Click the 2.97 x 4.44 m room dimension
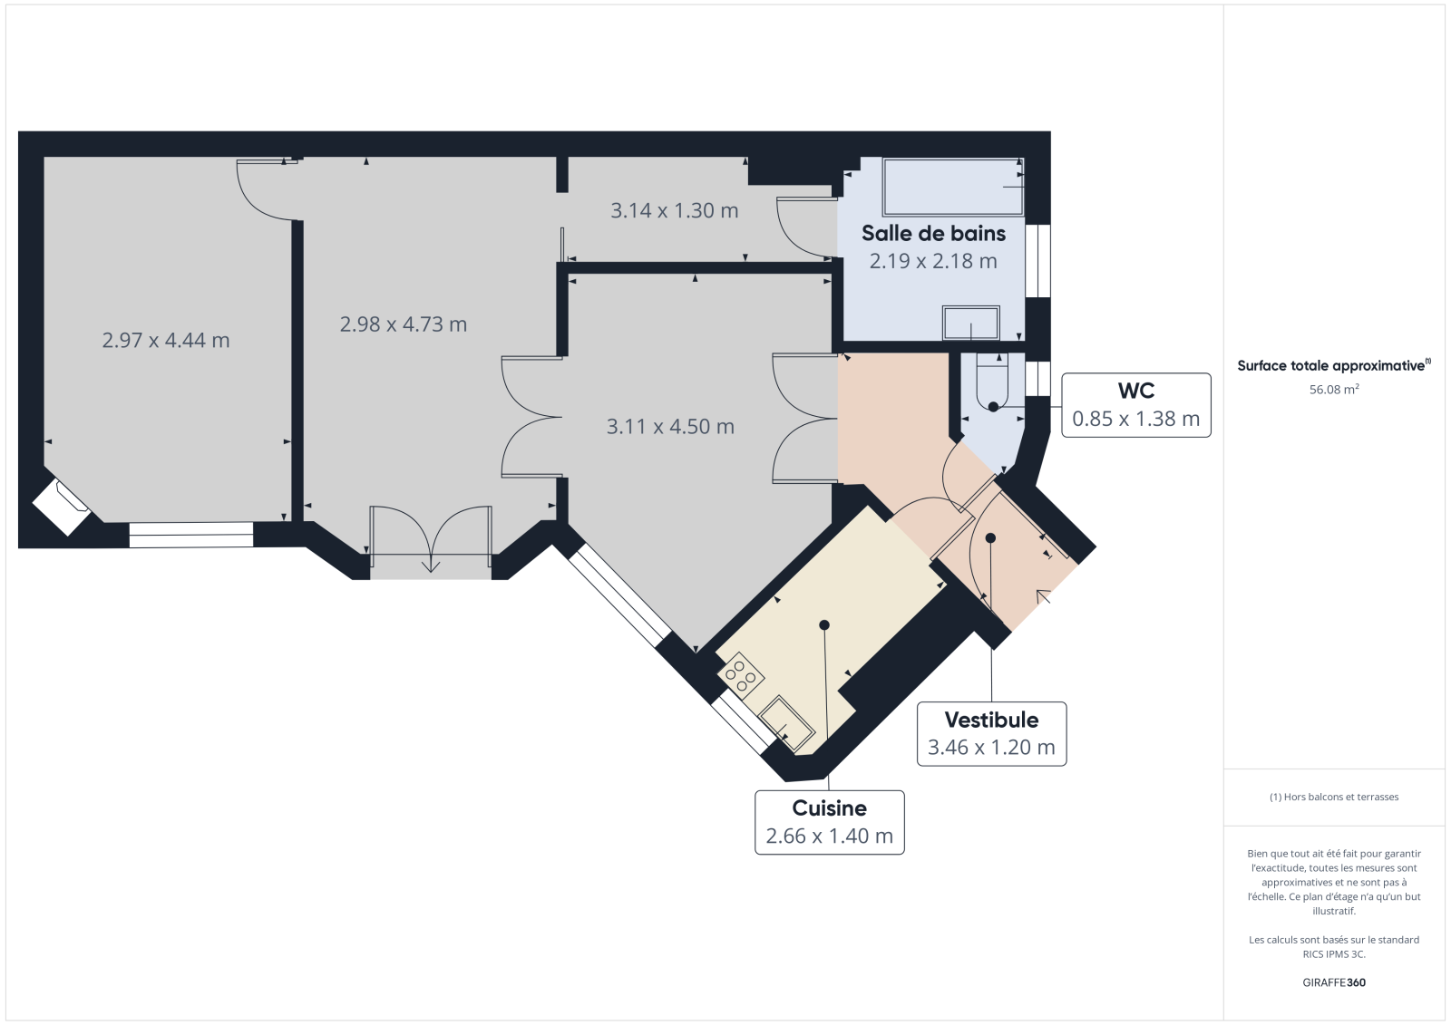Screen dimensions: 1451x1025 (x=166, y=340)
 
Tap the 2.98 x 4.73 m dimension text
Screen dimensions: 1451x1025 (x=403, y=324)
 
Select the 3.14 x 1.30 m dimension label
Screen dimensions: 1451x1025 (x=675, y=210)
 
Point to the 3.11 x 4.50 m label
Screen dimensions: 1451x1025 (x=670, y=427)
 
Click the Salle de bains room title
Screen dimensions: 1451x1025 (x=933, y=233)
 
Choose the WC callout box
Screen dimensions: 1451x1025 (x=1136, y=405)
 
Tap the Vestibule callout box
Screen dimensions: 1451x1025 (x=992, y=733)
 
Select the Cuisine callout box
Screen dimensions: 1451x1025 (x=829, y=822)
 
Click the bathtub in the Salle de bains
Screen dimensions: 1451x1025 (x=953, y=187)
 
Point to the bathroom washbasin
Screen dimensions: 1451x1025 (x=971, y=323)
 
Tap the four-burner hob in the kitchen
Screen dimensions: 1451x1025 (x=740, y=674)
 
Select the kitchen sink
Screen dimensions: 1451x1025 (x=786, y=723)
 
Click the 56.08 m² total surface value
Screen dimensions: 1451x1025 (x=1334, y=389)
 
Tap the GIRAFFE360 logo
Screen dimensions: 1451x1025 (x=1334, y=982)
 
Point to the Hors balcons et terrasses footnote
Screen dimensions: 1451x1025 (x=1334, y=797)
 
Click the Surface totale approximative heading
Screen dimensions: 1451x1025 (x=1334, y=365)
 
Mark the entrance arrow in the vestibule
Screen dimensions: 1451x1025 (x=1044, y=596)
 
